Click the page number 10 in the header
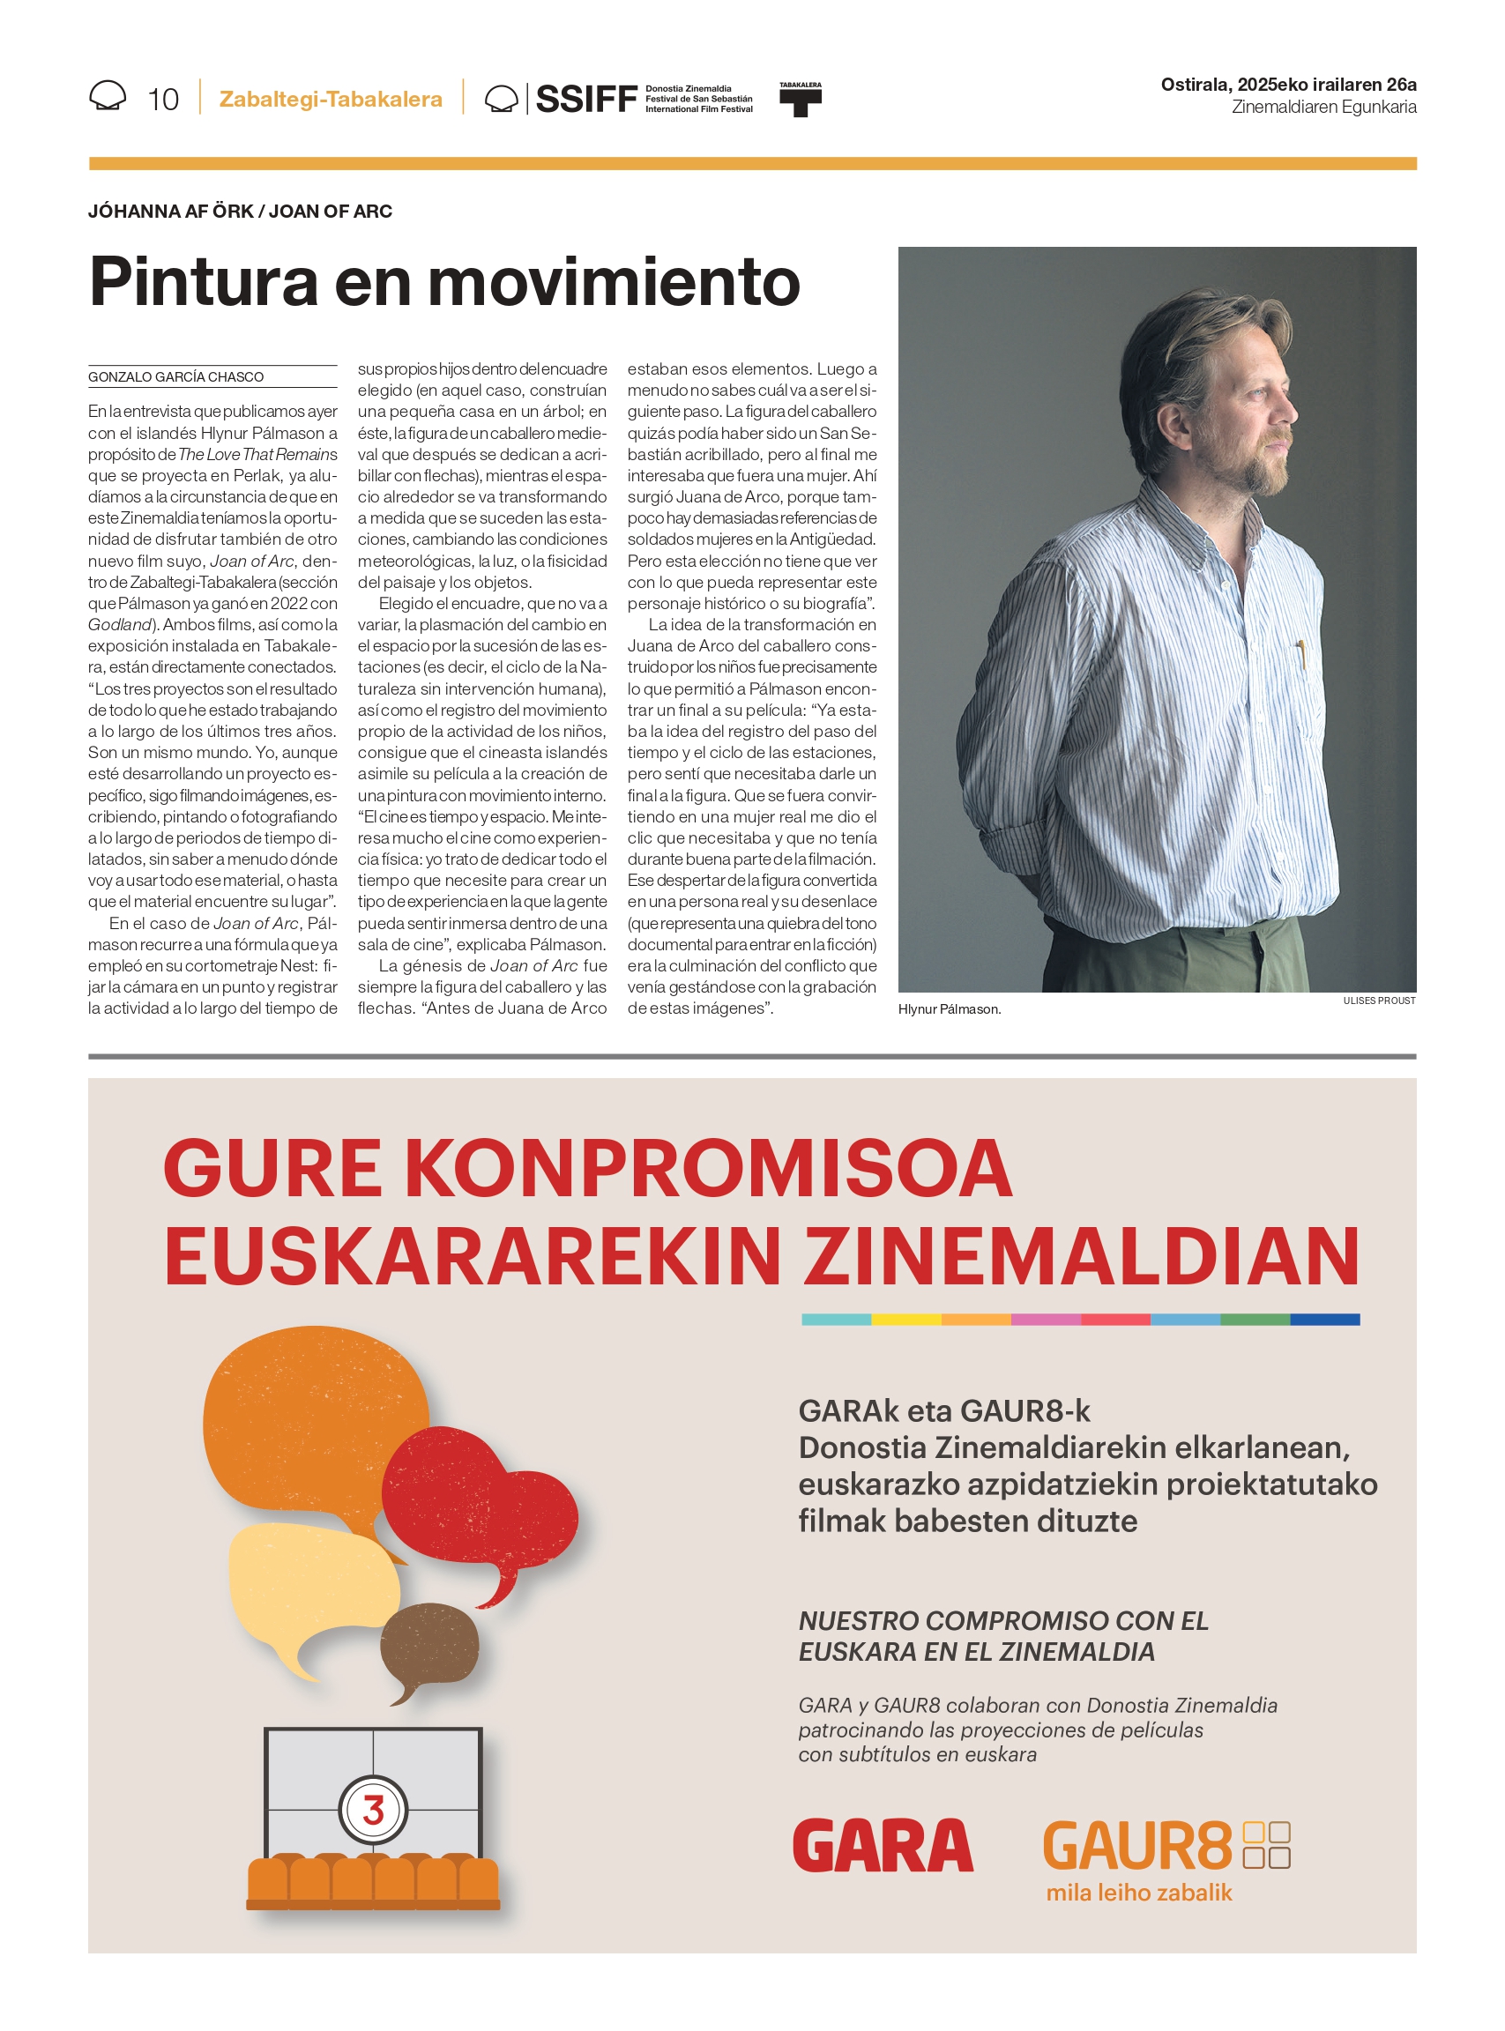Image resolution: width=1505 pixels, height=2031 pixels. [163, 100]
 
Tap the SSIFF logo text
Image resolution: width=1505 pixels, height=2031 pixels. [585, 99]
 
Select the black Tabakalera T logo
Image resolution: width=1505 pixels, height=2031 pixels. [800, 100]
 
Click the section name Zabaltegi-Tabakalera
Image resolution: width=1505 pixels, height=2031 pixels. [331, 100]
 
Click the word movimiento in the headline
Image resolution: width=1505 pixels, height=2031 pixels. [613, 281]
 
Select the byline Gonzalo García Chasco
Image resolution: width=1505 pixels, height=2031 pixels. [175, 377]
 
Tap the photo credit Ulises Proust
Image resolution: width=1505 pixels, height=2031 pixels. [1378, 1001]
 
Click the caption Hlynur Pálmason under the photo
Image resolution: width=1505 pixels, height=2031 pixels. [950, 1009]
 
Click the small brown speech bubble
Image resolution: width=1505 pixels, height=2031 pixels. [429, 1648]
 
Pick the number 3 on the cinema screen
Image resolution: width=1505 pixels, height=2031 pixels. [373, 1810]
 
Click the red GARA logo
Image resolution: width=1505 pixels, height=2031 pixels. [882, 1845]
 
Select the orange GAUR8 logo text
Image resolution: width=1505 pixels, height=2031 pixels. [1136, 1847]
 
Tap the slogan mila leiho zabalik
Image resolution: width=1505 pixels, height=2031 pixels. [1139, 1893]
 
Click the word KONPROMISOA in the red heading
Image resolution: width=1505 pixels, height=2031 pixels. [707, 1170]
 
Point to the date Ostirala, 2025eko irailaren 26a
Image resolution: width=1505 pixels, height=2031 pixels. [1288, 85]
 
